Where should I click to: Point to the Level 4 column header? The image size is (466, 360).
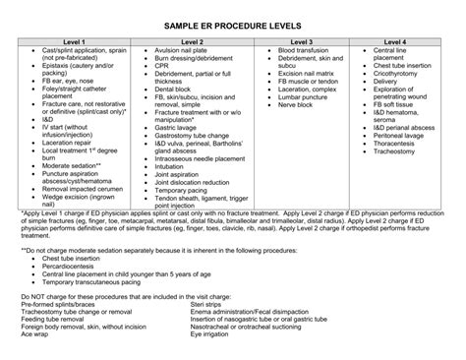pos(397,42)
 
